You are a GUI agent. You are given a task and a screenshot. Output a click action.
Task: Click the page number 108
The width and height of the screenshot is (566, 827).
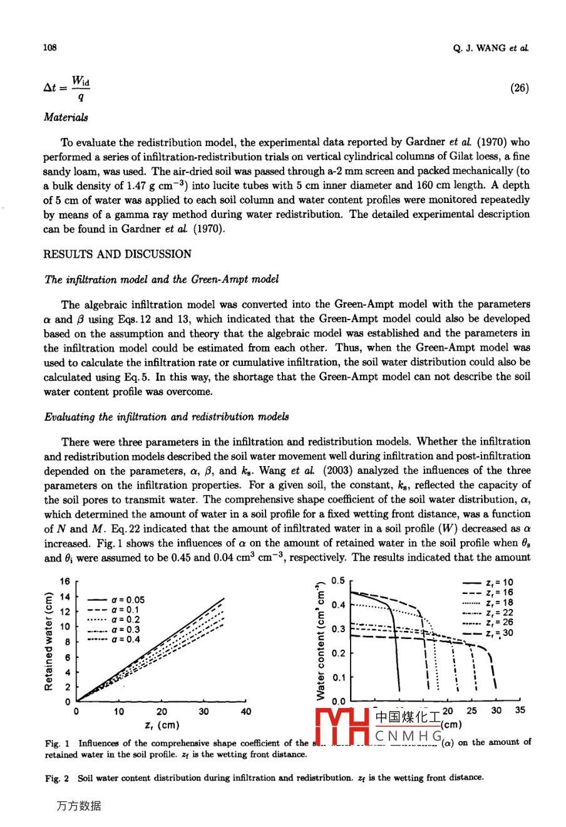pos(49,48)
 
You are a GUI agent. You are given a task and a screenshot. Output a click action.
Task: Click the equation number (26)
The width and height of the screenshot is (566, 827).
pos(519,88)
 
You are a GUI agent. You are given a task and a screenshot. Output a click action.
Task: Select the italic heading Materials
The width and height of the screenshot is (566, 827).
pos(66,117)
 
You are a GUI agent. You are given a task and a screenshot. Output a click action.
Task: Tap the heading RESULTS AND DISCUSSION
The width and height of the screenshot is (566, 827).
pos(117,254)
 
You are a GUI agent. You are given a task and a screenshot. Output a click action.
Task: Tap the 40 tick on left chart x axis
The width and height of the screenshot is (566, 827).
pos(245,712)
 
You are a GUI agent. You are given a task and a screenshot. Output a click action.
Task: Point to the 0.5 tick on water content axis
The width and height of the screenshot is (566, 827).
pos(338,581)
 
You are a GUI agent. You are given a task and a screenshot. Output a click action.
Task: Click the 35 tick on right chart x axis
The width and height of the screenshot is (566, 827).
pos(520,710)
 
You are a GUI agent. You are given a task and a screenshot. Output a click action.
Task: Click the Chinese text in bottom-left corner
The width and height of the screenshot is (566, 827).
pos(78,806)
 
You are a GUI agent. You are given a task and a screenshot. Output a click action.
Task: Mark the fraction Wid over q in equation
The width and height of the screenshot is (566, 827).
pos(80,88)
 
